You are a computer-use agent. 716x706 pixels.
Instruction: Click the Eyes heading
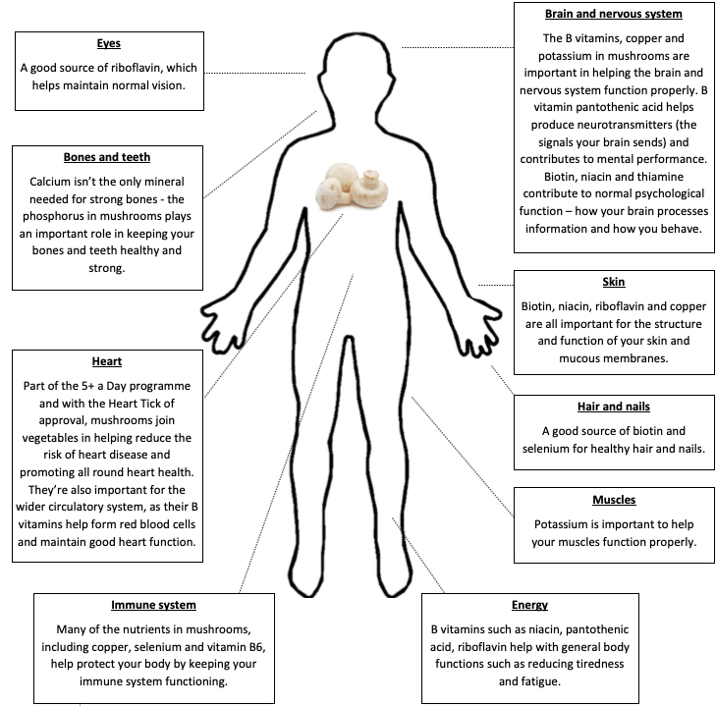tap(109, 43)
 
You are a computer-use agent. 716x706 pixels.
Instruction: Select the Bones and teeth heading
tap(107, 157)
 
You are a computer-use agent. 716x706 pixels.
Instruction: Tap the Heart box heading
tap(107, 361)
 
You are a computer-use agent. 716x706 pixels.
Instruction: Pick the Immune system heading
tap(153, 605)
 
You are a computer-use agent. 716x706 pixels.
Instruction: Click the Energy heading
tap(529, 605)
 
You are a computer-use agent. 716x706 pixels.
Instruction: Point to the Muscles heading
tap(614, 500)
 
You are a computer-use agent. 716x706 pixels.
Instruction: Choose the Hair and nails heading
tap(614, 407)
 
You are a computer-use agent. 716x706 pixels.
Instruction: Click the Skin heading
tap(614, 282)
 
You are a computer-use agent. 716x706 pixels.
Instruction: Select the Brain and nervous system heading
tap(614, 14)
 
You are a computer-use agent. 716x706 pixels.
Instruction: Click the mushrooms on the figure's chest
tap(352, 187)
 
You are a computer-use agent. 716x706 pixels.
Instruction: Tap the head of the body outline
tap(357, 64)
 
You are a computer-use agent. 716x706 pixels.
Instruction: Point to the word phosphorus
tap(60, 216)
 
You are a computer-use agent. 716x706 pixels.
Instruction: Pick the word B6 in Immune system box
tap(256, 647)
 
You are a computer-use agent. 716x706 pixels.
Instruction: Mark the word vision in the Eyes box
tap(168, 85)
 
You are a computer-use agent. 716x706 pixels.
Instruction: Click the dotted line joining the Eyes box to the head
tap(254, 73)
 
